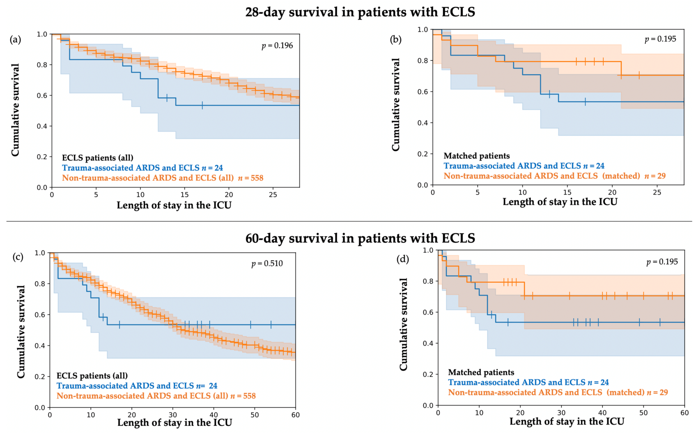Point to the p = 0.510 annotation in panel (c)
pyautogui.click(x=267, y=263)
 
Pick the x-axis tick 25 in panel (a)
pyautogui.click(x=273, y=195)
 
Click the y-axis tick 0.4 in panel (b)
pyautogui.click(x=423, y=123)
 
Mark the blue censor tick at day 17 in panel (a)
pyautogui.click(x=202, y=105)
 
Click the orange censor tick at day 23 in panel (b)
pyautogui.click(x=639, y=75)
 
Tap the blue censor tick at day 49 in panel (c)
pyautogui.click(x=251, y=325)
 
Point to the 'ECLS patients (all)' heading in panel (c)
pyautogui.click(x=92, y=376)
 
